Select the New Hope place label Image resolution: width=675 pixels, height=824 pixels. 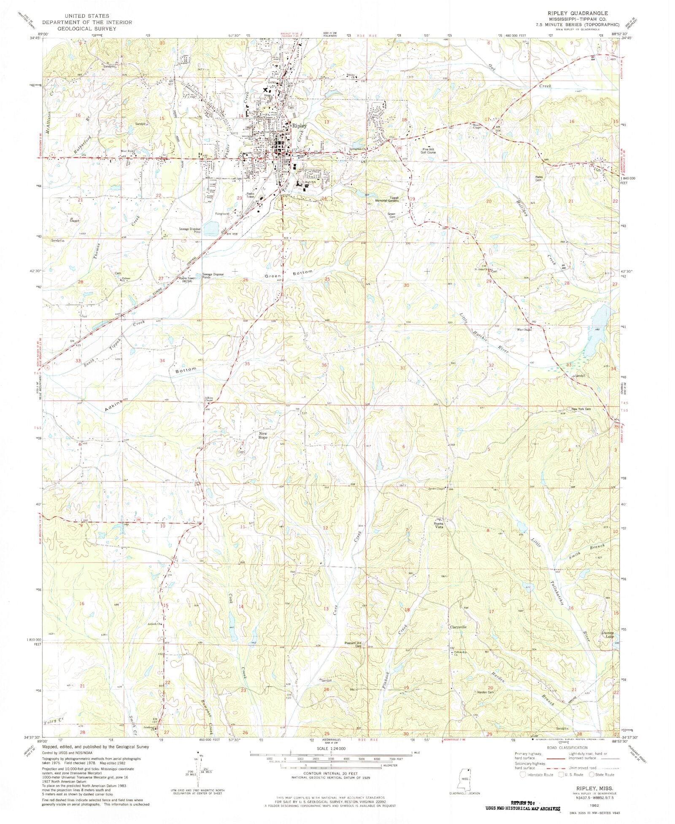(263, 435)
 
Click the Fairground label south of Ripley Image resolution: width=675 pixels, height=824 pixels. (222, 214)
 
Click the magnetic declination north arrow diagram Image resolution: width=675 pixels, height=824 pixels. (198, 766)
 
